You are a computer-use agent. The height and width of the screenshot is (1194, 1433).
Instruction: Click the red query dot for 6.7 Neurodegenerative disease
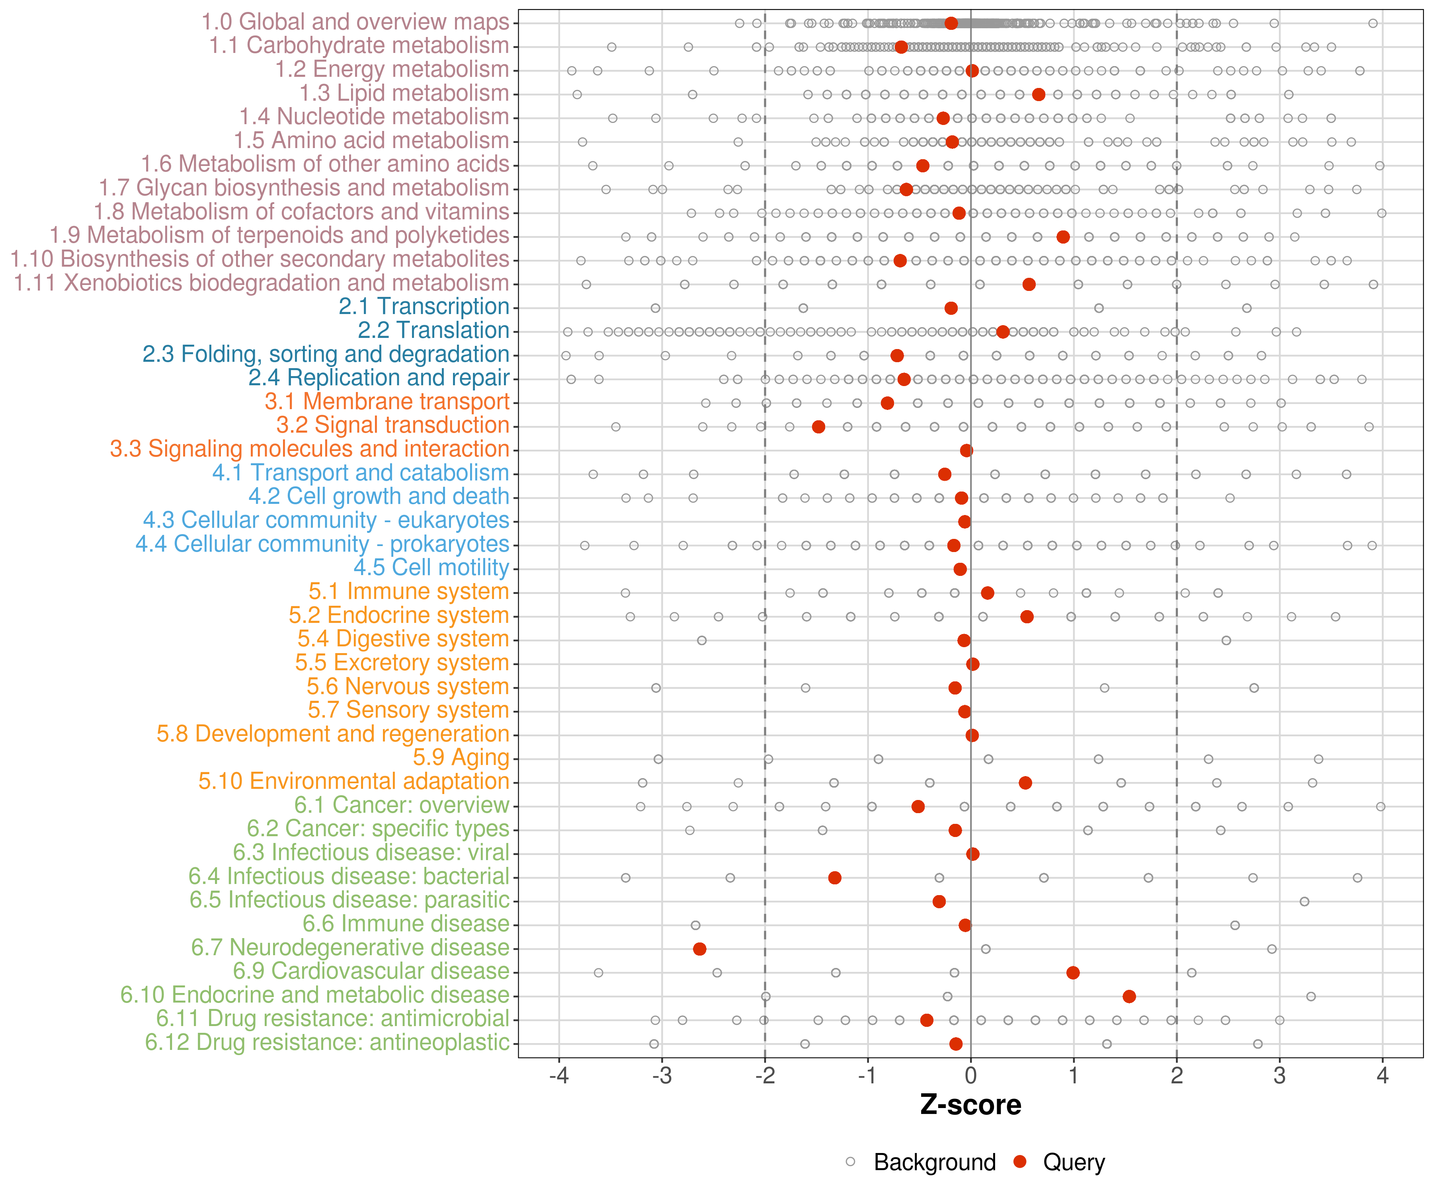point(699,949)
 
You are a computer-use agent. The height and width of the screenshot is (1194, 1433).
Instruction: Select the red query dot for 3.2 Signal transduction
point(819,426)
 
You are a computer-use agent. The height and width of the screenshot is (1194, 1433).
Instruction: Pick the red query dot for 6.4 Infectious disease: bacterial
point(835,878)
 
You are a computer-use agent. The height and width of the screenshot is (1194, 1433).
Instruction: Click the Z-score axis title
point(970,1104)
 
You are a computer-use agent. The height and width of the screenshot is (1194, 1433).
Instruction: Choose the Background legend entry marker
point(850,1161)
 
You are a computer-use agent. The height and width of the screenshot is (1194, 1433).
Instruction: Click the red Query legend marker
point(1020,1161)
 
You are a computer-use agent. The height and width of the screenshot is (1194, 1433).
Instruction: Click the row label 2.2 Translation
point(433,330)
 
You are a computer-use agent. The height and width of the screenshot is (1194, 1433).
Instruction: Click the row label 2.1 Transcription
point(424,306)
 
